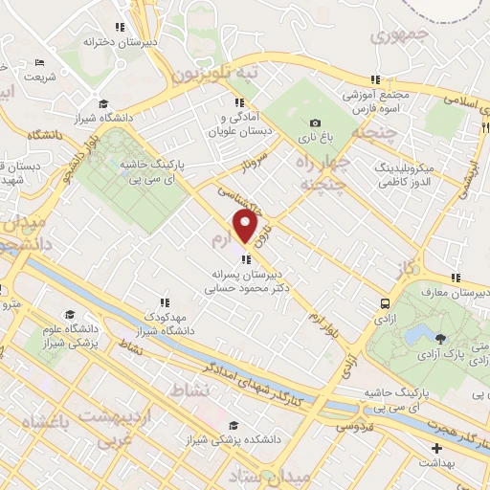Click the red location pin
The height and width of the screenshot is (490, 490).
click(246, 227)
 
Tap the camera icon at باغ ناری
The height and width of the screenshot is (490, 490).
click(316, 122)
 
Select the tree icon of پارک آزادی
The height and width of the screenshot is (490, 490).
click(440, 338)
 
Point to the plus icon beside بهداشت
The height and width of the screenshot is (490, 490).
click(437, 448)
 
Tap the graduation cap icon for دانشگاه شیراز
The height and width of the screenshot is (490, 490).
click(103, 104)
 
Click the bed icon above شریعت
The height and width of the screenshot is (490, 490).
click(38, 62)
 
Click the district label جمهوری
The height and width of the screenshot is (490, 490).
click(394, 37)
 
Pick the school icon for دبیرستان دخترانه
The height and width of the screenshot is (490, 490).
click(120, 27)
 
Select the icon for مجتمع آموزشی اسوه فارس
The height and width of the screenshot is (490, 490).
click(376, 79)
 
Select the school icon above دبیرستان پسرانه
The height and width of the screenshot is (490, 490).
click(246, 258)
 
